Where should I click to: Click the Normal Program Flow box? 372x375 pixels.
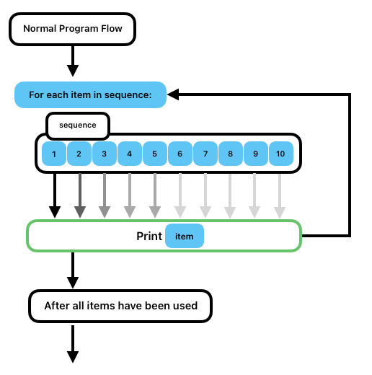click(x=72, y=29)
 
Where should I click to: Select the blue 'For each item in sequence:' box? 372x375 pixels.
click(x=90, y=94)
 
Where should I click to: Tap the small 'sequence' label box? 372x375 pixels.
click(x=78, y=126)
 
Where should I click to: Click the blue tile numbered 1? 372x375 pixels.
click(x=54, y=154)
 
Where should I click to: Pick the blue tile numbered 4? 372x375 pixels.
click(x=130, y=154)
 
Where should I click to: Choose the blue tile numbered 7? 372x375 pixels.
click(x=205, y=154)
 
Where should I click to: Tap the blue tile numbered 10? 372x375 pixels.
click(x=281, y=154)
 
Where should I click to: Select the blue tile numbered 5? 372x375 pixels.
click(x=155, y=154)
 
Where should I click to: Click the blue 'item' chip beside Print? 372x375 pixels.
click(x=185, y=236)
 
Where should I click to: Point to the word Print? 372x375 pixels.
click(x=149, y=237)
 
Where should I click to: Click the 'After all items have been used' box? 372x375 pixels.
click(x=120, y=306)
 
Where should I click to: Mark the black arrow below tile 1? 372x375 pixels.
click(x=55, y=195)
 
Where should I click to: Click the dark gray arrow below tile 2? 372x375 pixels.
click(x=80, y=195)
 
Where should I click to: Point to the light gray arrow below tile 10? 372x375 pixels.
click(x=280, y=195)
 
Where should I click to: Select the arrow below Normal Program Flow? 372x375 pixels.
click(x=73, y=61)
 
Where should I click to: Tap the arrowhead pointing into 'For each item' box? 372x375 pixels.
click(x=173, y=94)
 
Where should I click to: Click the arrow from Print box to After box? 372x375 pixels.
click(x=73, y=270)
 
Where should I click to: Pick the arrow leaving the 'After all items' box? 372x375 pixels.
click(x=73, y=344)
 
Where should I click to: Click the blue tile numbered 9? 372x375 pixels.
click(x=256, y=154)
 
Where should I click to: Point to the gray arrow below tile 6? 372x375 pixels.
click(x=180, y=195)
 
